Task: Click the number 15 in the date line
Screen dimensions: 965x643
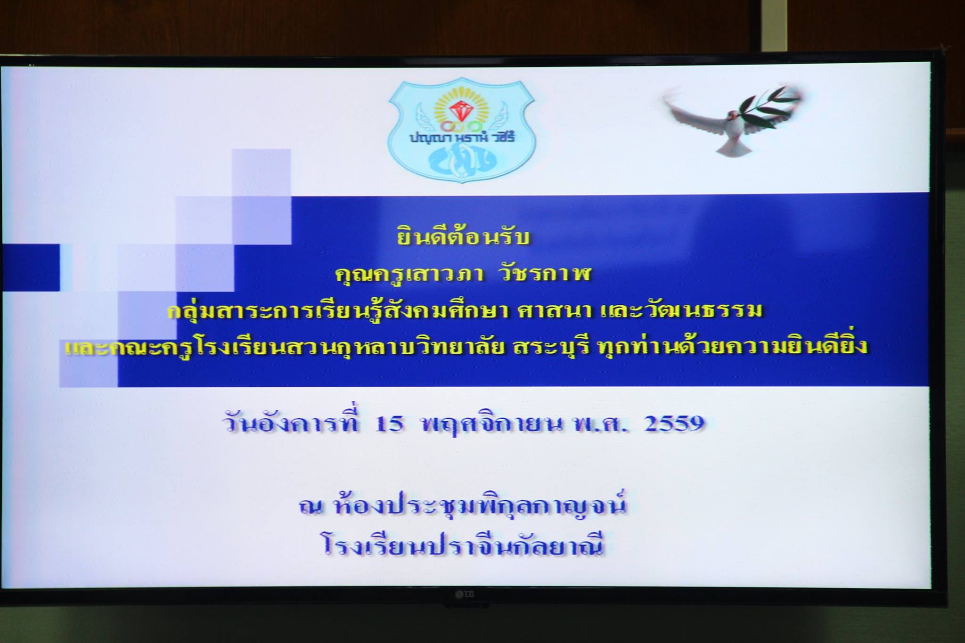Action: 389,423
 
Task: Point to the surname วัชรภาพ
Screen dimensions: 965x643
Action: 544,273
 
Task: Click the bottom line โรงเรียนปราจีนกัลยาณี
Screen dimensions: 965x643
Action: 464,546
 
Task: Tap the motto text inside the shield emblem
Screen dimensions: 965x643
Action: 462,137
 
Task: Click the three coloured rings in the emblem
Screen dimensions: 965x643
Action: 461,126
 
